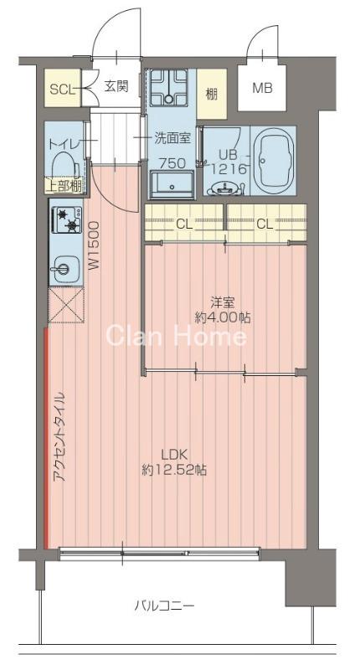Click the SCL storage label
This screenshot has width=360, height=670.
pyautogui.click(x=60, y=88)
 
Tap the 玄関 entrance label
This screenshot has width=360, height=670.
pyautogui.click(x=116, y=86)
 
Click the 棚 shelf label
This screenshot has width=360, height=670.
pyautogui.click(x=211, y=91)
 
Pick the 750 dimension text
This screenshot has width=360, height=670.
pyautogui.click(x=172, y=162)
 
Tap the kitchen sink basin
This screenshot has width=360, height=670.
pyautogui.click(x=64, y=271)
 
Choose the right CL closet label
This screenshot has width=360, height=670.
pyautogui.click(x=264, y=224)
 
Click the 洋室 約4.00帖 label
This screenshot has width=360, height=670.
pyautogui.click(x=221, y=311)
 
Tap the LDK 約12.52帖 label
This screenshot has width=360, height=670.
pyautogui.click(x=174, y=462)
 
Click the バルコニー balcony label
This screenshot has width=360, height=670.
pyautogui.click(x=164, y=606)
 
